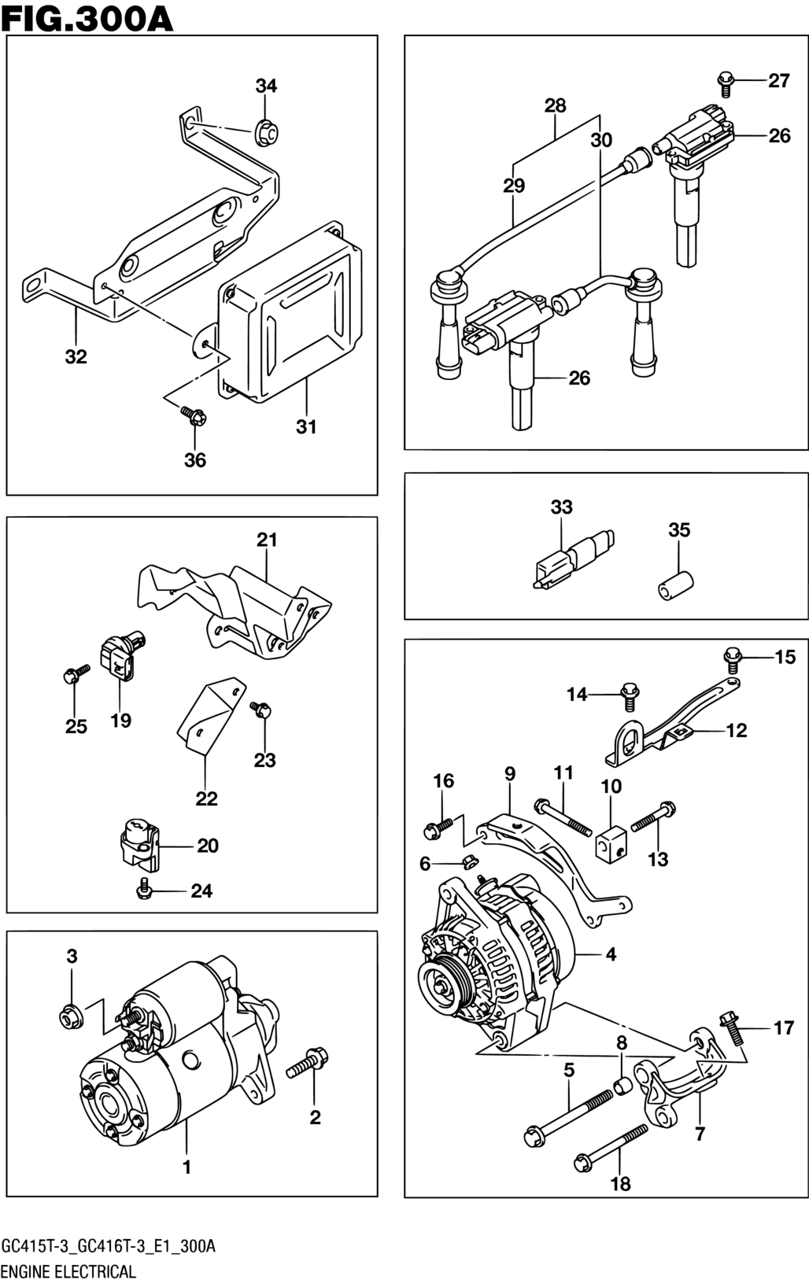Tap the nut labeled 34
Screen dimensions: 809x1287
[x=265, y=132]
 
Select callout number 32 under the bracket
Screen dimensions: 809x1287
[x=76, y=357]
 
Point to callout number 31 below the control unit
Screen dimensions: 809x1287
[x=306, y=427]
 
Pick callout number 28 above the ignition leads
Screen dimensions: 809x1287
[x=555, y=105]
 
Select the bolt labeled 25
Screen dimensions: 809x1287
[x=76, y=674]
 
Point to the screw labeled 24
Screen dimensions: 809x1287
[x=143, y=889]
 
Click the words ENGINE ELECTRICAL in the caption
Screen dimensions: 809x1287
[x=69, y=1271]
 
